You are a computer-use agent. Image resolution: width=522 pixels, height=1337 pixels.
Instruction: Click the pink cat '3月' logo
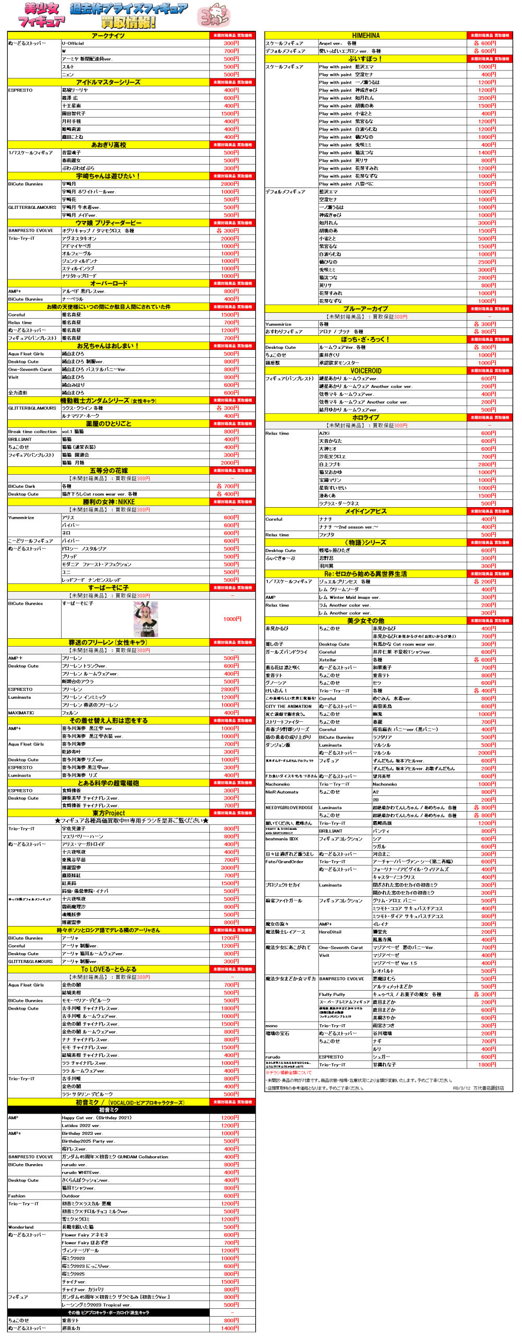(x=213, y=15)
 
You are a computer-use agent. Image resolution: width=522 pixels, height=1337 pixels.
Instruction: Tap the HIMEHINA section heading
(x=365, y=36)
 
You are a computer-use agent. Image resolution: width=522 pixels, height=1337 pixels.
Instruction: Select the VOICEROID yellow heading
(x=365, y=371)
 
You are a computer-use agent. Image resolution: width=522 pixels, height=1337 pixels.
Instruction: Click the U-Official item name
(x=73, y=43)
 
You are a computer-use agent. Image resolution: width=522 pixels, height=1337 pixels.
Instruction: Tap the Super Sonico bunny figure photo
(x=146, y=619)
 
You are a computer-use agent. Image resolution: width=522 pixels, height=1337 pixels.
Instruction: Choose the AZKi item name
(x=324, y=433)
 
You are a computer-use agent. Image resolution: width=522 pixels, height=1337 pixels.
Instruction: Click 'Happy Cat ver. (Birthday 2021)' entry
(x=97, y=1118)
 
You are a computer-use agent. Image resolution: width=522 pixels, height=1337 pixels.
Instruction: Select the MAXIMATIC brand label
(x=21, y=712)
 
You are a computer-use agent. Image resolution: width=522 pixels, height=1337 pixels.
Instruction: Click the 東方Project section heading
(x=109, y=813)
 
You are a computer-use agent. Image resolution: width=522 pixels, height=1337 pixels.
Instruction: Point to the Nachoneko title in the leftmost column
(x=277, y=784)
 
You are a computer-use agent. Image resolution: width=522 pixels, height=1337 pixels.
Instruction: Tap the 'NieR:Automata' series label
(x=281, y=792)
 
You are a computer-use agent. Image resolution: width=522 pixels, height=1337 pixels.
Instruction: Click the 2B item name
(x=375, y=800)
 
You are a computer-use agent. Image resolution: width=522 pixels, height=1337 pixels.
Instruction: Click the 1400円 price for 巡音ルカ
(x=230, y=1328)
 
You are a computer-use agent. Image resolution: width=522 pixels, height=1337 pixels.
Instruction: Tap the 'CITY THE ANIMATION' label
(x=288, y=706)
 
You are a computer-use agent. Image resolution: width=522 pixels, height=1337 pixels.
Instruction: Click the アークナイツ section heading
(x=108, y=36)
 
